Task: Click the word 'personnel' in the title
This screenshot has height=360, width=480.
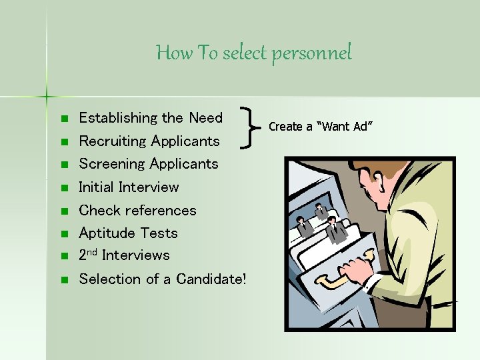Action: (311, 53)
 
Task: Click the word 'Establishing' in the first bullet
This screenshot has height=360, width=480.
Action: (117, 118)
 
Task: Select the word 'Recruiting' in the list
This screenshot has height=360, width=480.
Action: (113, 141)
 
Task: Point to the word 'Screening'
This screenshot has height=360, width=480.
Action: (112, 164)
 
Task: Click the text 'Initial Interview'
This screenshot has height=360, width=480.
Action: (129, 187)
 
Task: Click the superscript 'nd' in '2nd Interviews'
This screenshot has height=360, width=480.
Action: (93, 253)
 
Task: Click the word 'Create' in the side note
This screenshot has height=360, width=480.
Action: (285, 127)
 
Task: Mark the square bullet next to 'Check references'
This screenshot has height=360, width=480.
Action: (64, 211)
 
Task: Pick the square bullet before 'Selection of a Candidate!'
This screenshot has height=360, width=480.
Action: (64, 280)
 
